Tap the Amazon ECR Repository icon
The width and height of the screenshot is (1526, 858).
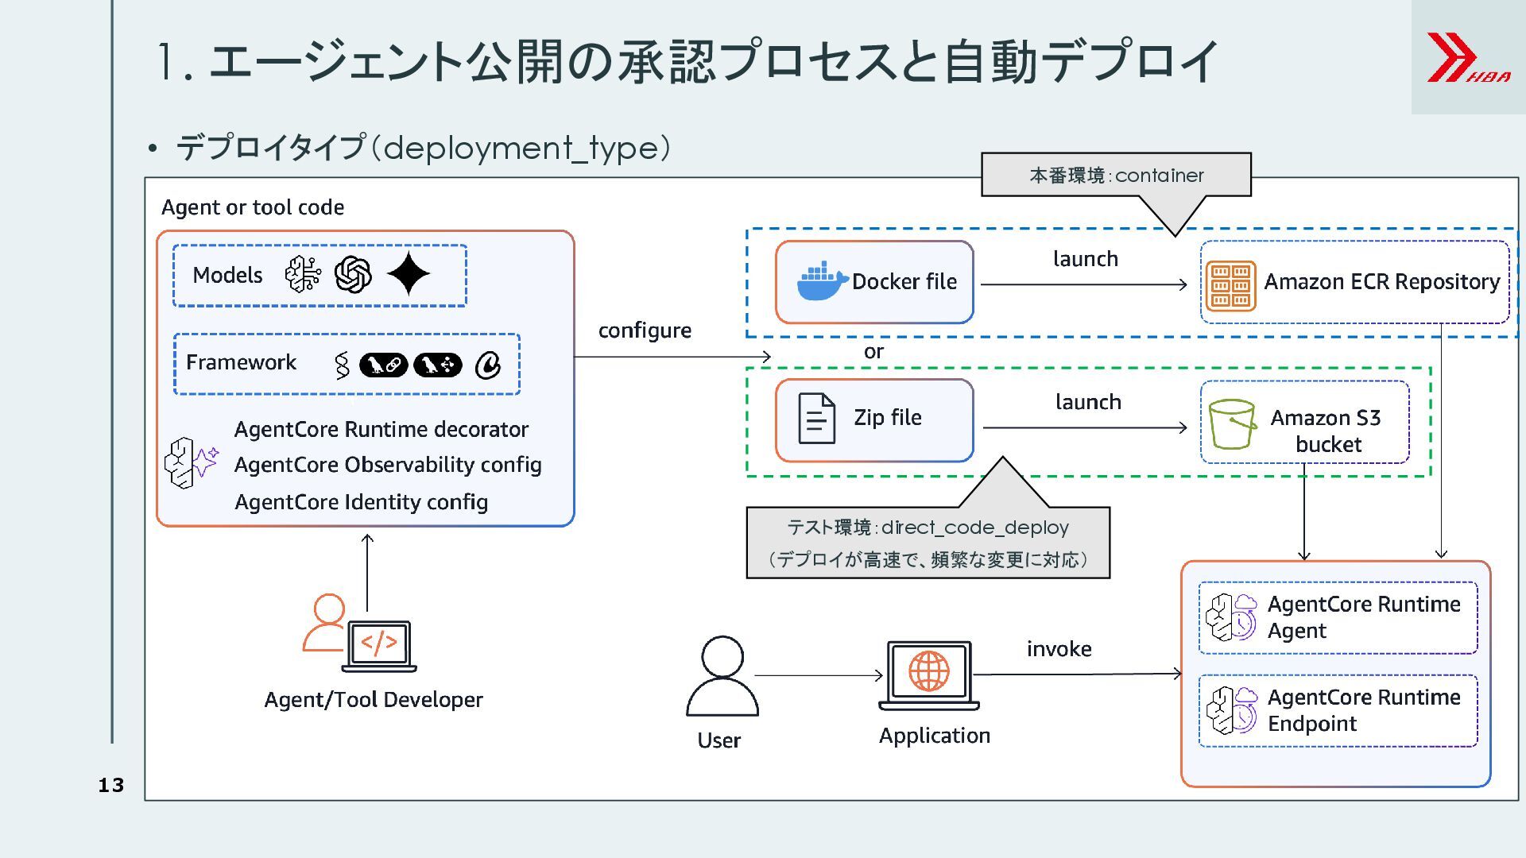coord(1230,285)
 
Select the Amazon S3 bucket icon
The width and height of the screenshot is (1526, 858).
coord(1231,423)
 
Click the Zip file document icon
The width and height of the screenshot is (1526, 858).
coord(816,418)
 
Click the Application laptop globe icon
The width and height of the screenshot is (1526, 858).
coord(928,674)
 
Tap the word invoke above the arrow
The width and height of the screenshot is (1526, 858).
coord(1059,649)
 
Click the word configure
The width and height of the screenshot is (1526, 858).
coord(645,330)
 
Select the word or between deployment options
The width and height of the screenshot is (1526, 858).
coord(873,351)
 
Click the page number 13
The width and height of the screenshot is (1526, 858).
coord(111,785)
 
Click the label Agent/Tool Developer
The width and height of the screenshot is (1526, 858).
coord(374,700)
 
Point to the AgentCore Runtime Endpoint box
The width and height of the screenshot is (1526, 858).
coord(1338,710)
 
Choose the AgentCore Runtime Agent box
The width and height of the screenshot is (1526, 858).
coord(1338,617)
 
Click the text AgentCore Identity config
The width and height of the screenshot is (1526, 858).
coord(361,502)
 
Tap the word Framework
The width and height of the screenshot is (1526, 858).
coord(241,362)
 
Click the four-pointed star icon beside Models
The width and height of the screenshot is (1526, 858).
coord(409,274)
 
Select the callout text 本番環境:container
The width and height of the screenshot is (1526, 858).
coord(1116,175)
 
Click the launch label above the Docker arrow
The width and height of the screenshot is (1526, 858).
coord(1085,259)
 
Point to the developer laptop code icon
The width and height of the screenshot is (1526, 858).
coord(379,644)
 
